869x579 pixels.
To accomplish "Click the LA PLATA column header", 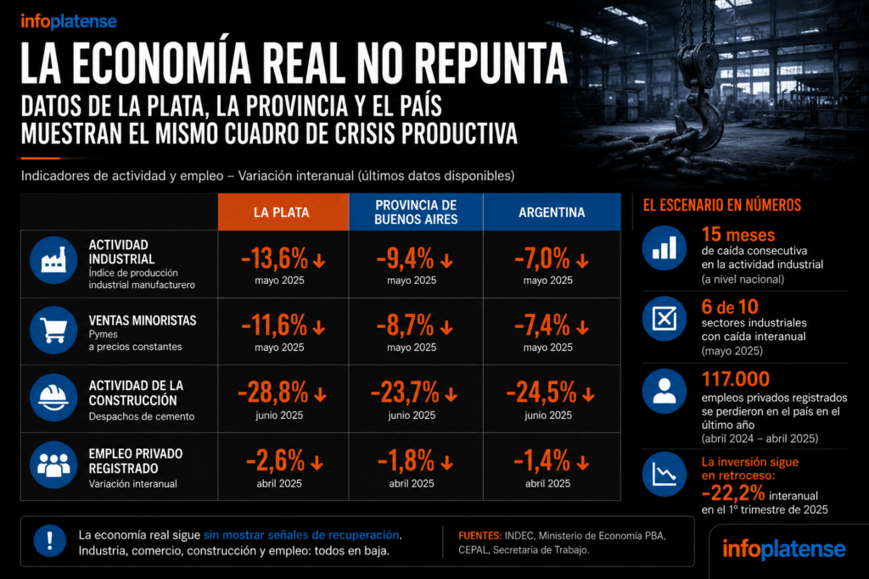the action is [282, 212].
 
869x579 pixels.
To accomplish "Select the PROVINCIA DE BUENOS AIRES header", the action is [416, 212].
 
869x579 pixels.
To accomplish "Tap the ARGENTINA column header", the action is [552, 212].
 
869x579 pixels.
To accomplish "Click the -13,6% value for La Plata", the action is [274, 259].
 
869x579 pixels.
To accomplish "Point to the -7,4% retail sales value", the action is [542, 326].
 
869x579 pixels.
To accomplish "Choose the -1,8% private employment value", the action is [406, 460].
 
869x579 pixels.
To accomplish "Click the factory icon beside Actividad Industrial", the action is [53, 260].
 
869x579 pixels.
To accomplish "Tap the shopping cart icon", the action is [53, 330].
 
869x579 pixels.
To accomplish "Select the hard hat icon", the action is [53, 398].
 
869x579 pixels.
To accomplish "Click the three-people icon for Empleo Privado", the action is [53, 465].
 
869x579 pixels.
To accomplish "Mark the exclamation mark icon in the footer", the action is [50, 540].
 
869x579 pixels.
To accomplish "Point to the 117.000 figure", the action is [736, 379].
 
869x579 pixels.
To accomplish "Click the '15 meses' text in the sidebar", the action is [738, 235].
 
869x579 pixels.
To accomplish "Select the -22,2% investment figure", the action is [733, 492].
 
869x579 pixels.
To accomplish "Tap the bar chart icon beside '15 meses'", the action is [664, 248].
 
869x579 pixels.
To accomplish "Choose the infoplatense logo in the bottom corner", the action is [783, 549].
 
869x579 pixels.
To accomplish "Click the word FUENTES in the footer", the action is [480, 536].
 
